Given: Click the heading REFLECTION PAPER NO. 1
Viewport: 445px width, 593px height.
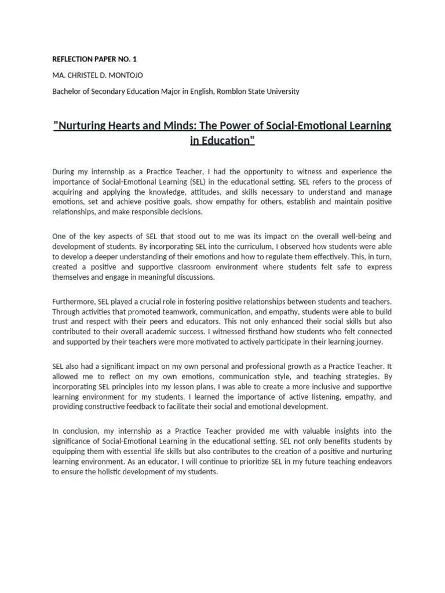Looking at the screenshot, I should click(94, 59).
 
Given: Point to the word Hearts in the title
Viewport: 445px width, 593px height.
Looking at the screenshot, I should click(135, 126).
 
